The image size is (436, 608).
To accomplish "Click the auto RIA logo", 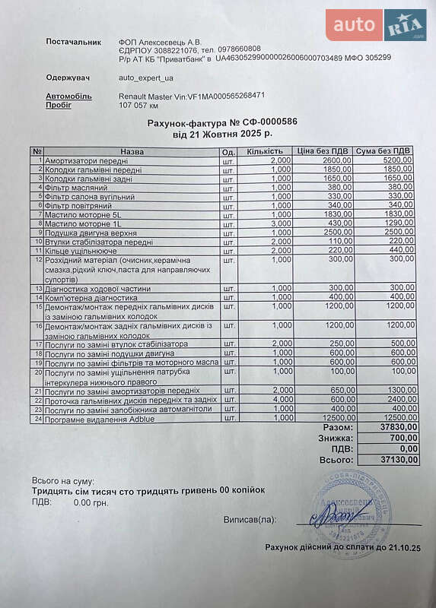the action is [376, 25].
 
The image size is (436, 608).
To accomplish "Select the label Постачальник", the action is [73, 42].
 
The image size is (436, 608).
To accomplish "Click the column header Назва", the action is [131, 151].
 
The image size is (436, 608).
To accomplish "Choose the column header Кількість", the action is [265, 151].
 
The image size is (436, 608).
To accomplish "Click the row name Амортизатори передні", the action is [87, 161].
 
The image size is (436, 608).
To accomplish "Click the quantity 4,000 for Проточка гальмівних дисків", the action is [281, 399].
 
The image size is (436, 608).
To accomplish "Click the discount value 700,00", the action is [400, 439].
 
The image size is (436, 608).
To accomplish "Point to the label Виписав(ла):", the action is [250, 521].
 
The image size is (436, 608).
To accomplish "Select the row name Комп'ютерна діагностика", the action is [95, 297].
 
